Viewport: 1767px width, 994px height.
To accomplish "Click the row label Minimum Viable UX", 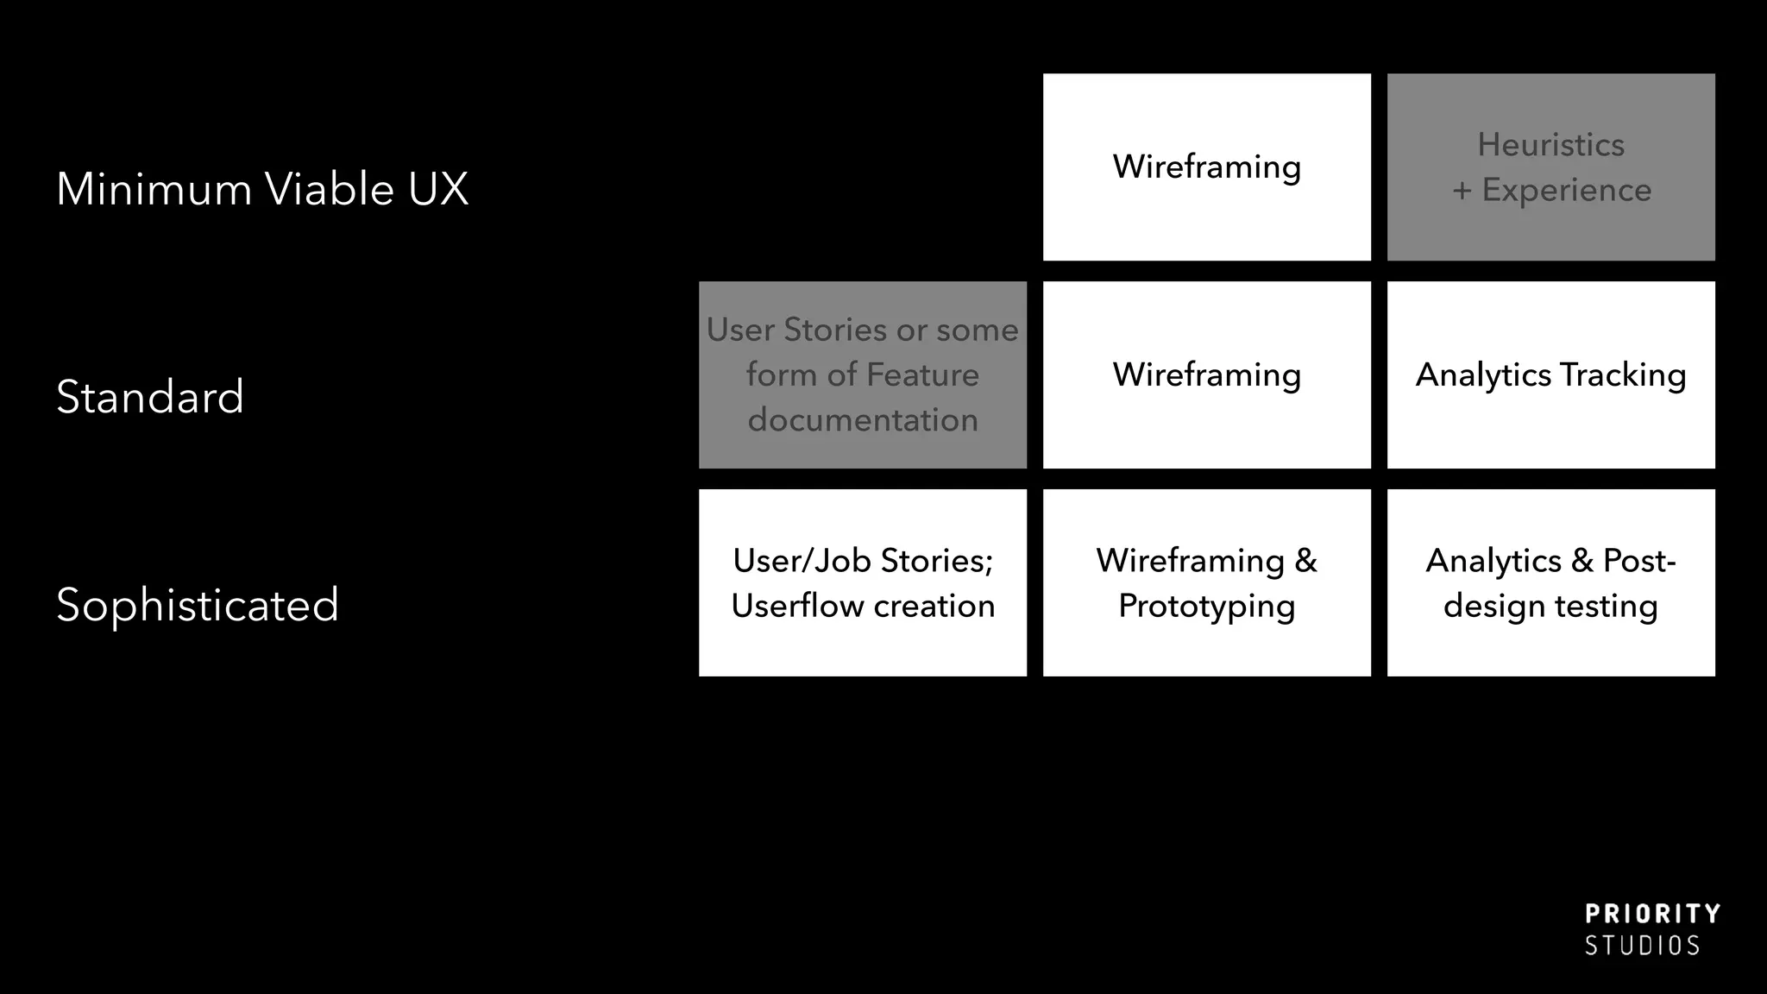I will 261,189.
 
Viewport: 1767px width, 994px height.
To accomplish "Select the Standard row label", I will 150,397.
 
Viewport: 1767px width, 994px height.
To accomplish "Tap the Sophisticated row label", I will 197,605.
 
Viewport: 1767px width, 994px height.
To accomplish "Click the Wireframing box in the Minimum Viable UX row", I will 1206,167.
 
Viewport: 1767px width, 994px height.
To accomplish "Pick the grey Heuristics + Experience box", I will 1550,167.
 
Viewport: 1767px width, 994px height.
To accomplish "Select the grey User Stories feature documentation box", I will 862,374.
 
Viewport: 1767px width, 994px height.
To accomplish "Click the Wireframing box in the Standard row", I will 1206,374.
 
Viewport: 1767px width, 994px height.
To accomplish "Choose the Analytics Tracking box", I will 1550,374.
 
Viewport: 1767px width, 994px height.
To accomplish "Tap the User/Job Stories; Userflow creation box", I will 862,582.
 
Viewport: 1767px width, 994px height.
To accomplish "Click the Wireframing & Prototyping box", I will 1206,582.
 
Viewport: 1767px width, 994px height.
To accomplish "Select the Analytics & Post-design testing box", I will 1550,582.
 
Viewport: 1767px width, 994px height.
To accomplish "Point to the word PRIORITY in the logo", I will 1652,915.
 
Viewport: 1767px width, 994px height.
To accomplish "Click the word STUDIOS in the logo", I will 1642,946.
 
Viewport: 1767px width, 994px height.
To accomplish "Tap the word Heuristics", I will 1550,145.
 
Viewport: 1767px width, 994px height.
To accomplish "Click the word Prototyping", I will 1206,607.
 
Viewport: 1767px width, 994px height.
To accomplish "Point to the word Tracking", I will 1623,375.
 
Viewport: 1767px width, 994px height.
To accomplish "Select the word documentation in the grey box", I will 862,420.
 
